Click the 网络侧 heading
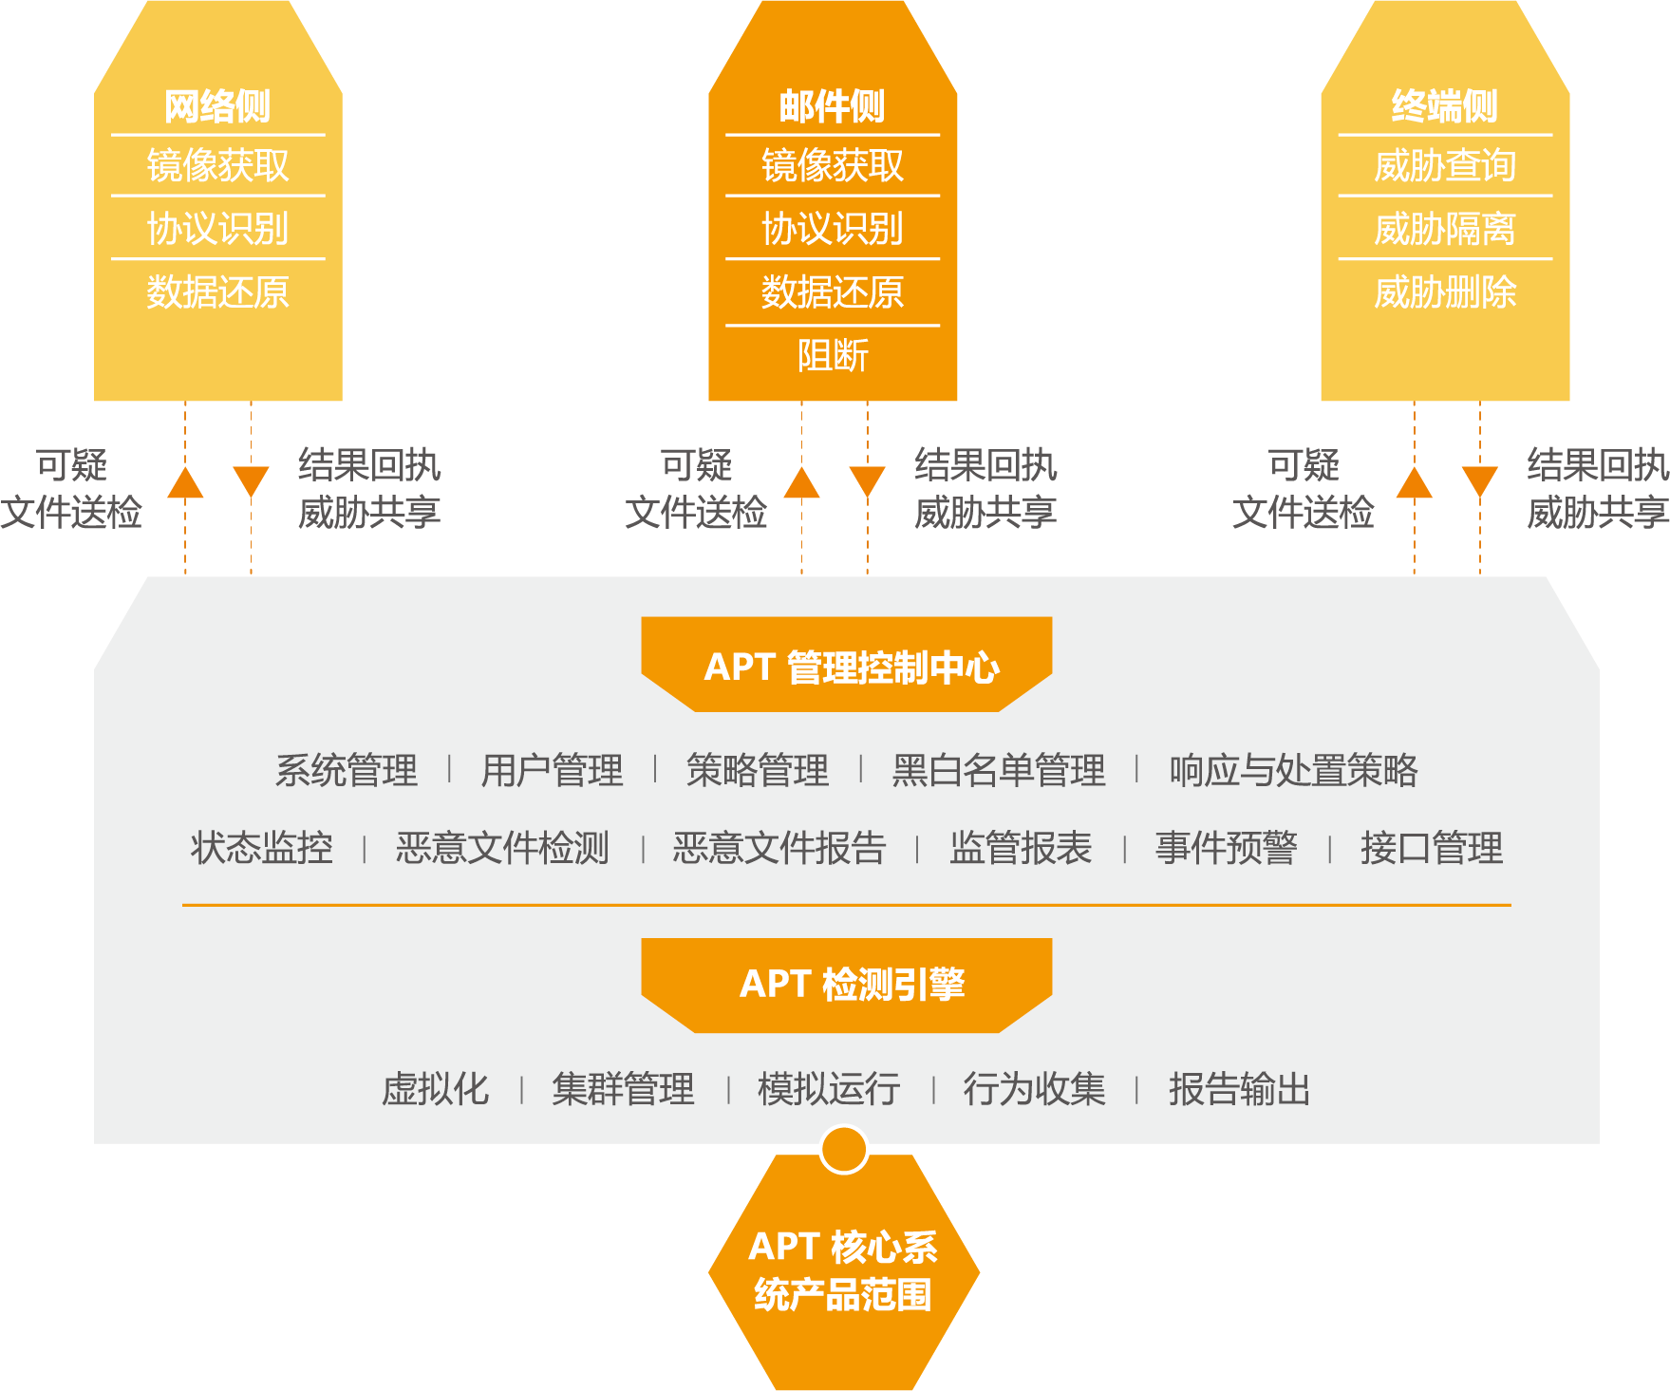(x=217, y=106)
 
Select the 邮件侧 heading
(x=832, y=106)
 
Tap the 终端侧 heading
(x=1444, y=106)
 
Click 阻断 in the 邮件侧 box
(x=832, y=356)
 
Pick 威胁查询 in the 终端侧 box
(x=1444, y=166)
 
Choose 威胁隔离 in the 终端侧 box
(x=1444, y=229)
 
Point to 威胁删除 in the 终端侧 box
(x=1444, y=292)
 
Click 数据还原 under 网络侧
(x=217, y=292)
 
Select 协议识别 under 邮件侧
(x=832, y=229)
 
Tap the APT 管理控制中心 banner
(x=847, y=666)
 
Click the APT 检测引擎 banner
(x=847, y=985)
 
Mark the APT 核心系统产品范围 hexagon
(x=843, y=1270)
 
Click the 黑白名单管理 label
(x=998, y=770)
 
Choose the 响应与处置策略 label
(x=1292, y=770)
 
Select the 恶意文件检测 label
(x=502, y=848)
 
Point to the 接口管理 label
(x=1431, y=848)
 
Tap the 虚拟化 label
(x=435, y=1089)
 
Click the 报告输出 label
(x=1239, y=1089)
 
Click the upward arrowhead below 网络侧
(x=185, y=483)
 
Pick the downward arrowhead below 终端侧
(x=1479, y=481)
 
